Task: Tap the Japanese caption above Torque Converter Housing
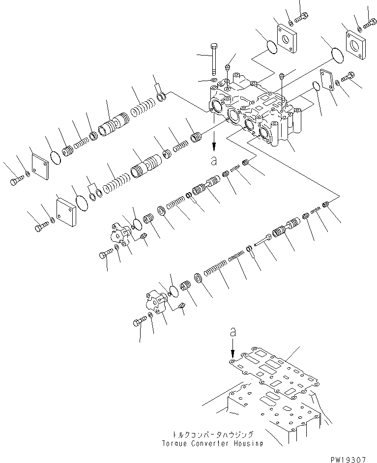tap(213, 434)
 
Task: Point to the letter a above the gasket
tap(232, 333)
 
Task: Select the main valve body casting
tap(251, 113)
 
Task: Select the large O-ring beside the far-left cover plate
tap(56, 155)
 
